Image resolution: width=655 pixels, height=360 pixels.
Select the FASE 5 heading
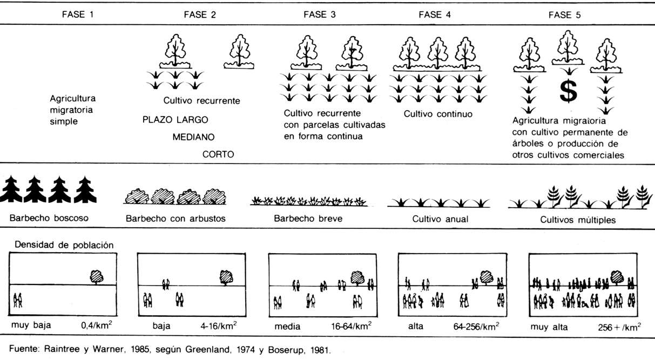pyautogui.click(x=564, y=15)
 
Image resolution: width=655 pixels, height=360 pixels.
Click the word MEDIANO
pyautogui.click(x=194, y=137)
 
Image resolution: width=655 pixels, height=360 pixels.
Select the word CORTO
pyautogui.click(x=218, y=154)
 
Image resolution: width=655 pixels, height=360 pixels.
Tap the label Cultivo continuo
pyautogui.click(x=438, y=114)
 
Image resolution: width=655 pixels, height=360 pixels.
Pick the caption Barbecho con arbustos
pyautogui.click(x=175, y=220)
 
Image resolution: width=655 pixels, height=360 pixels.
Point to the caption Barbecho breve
pyautogui.click(x=308, y=219)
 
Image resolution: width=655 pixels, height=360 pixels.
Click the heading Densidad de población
pyautogui.click(x=64, y=244)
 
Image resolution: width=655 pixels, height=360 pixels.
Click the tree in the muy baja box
pyautogui.click(x=96, y=277)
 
